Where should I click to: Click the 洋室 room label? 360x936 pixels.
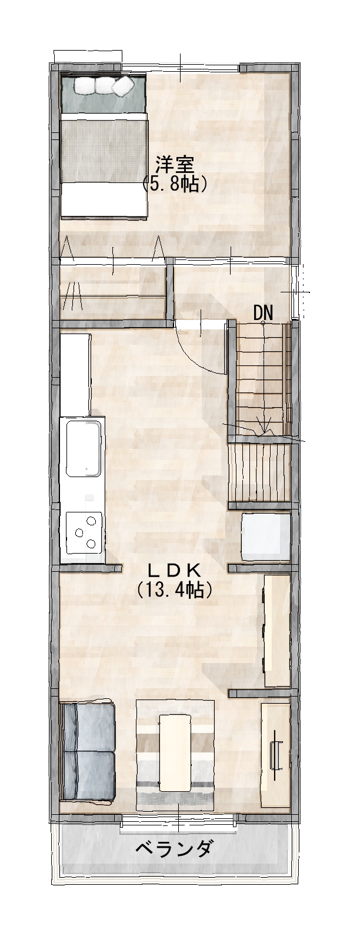(175, 165)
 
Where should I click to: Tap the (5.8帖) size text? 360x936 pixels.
(175, 184)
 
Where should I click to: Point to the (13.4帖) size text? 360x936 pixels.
(175, 589)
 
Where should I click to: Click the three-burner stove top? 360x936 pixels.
(84, 531)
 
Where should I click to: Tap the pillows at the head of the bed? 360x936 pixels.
(102, 86)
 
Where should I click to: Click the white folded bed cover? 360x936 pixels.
(104, 200)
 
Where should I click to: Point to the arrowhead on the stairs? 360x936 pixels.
(264, 429)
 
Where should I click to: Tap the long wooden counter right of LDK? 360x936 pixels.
(277, 631)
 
